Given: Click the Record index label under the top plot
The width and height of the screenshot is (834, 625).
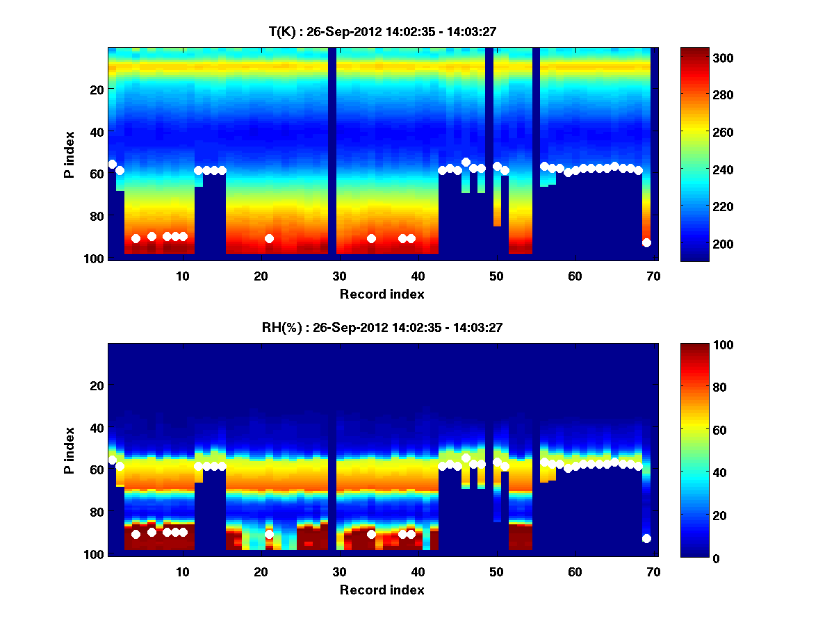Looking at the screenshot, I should [x=382, y=294].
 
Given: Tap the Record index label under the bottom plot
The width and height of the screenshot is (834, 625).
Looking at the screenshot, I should [x=382, y=590].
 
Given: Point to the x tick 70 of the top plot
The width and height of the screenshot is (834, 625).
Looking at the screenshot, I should [x=653, y=276].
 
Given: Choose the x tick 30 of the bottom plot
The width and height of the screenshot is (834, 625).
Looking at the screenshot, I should [x=339, y=572].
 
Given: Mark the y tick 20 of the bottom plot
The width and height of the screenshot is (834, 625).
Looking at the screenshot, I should [x=97, y=385].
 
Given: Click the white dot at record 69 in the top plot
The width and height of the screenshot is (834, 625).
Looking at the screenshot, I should [x=646, y=242].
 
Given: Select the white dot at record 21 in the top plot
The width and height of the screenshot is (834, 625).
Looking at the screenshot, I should [x=269, y=238].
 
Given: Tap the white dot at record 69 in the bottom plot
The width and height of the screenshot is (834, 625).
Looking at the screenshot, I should [x=646, y=538].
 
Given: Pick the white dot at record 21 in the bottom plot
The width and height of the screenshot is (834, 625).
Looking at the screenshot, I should [x=269, y=534].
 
